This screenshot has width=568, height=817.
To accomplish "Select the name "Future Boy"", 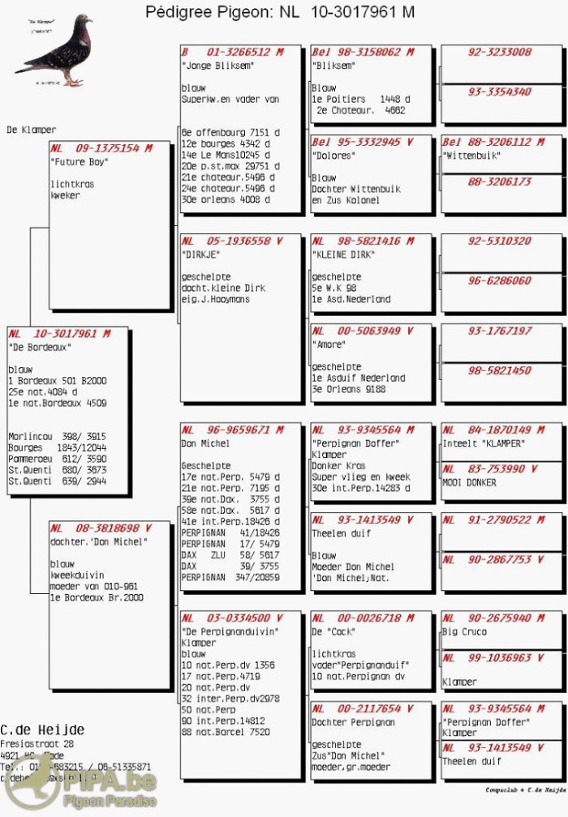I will click(80, 161).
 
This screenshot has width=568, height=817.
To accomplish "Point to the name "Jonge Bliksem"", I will click(218, 65).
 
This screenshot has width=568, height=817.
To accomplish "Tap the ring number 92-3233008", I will click(500, 52).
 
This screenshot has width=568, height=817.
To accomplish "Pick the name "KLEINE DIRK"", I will click(346, 254).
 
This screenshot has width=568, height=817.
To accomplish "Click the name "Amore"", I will click(329, 344).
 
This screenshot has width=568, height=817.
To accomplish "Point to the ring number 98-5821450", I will click(500, 370).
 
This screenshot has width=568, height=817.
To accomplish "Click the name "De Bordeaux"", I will click(40, 346).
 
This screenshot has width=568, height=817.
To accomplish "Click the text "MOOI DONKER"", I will click(470, 482).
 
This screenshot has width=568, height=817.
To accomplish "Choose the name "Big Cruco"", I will click(465, 631).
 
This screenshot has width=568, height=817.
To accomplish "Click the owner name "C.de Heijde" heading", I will click(42, 729).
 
